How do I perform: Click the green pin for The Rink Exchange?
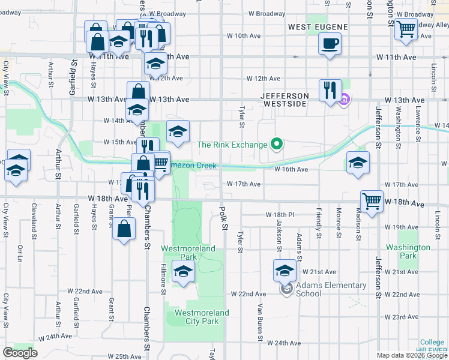(276, 144)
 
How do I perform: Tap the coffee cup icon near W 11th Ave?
(330, 44)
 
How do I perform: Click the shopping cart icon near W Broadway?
(406, 28)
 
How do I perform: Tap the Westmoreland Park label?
(188, 252)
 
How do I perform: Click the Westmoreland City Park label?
(201, 317)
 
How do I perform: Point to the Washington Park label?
(408, 251)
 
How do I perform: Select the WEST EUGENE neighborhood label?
(318, 27)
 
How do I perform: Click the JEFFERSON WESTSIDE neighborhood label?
(285, 100)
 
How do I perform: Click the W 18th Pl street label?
(280, 214)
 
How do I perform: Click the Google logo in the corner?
(20, 353)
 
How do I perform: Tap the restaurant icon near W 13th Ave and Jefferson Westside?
(330, 90)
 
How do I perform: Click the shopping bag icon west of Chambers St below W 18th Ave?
(123, 229)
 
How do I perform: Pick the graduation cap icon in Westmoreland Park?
(184, 271)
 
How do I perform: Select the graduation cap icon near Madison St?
(358, 162)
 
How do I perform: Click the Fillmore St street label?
(163, 279)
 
